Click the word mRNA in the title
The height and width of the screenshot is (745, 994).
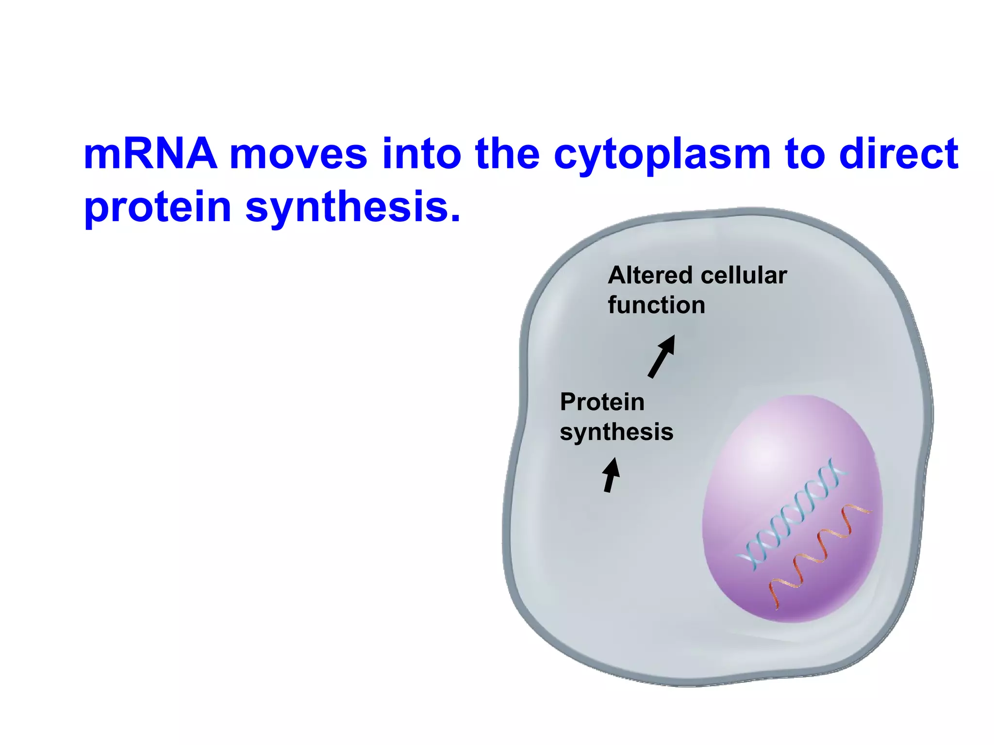150,154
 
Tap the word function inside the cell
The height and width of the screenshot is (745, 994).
656,306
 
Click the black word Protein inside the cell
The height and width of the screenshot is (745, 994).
602,402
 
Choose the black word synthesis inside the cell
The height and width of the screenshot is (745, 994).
616,432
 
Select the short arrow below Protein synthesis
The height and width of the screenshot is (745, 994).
611,475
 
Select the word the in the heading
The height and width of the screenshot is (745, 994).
507,154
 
